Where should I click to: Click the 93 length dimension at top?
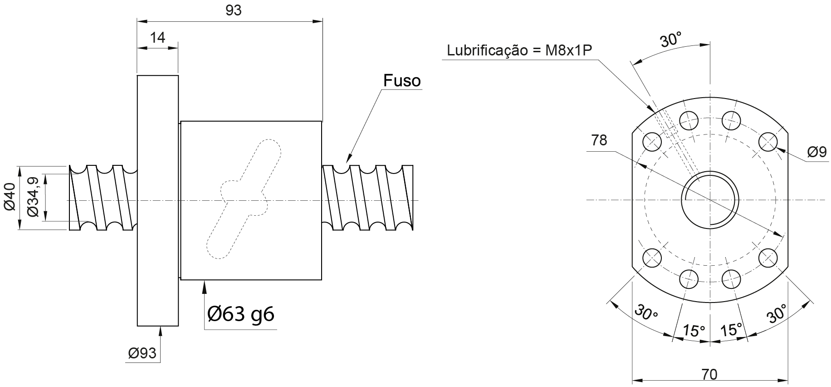pos(233,10)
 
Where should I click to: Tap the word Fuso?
pos(402,81)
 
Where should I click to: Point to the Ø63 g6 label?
pos(241,313)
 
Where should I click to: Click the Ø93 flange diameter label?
pos(142,353)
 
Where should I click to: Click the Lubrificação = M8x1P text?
pos(520,50)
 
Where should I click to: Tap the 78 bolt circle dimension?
pos(599,140)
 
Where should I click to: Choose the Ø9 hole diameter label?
pos(817,152)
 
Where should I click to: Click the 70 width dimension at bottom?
pos(709,374)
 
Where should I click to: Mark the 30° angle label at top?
pos(670,40)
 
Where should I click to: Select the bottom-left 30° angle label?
pos(645,312)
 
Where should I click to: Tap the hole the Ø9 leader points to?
pos(768,142)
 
